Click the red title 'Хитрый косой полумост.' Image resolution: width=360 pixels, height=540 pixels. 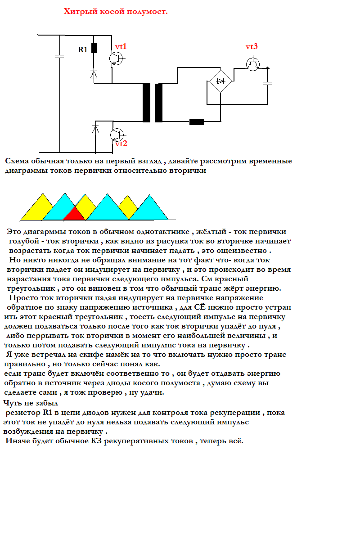[x=116, y=11]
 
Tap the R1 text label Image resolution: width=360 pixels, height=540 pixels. [x=83, y=50]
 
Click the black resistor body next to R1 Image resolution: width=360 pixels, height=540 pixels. [x=94, y=48]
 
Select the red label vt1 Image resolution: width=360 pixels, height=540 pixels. [x=121, y=46]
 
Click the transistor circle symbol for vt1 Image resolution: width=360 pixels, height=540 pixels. [x=116, y=58]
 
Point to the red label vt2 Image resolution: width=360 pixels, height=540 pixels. [x=121, y=144]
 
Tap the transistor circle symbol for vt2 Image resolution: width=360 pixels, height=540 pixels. [x=117, y=135]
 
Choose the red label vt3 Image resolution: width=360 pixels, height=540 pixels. [x=252, y=47]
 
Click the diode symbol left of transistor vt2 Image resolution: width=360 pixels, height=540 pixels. [x=95, y=129]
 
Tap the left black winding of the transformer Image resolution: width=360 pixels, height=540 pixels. [x=146, y=103]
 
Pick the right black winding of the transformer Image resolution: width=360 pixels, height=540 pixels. [x=159, y=103]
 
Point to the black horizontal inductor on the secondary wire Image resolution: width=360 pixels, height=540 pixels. [x=197, y=121]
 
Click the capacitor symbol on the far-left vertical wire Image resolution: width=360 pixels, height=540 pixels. [x=59, y=56]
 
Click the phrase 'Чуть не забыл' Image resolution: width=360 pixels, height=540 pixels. [x=30, y=403]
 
